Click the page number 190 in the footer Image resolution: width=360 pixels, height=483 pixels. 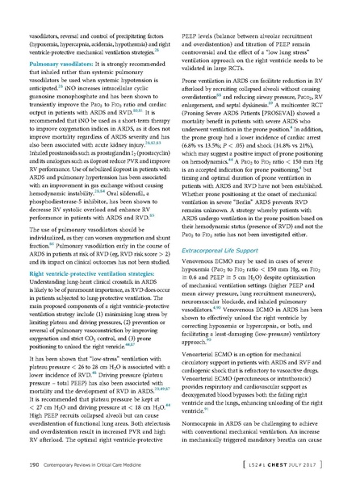pyautogui.click(x=35, y=465)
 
